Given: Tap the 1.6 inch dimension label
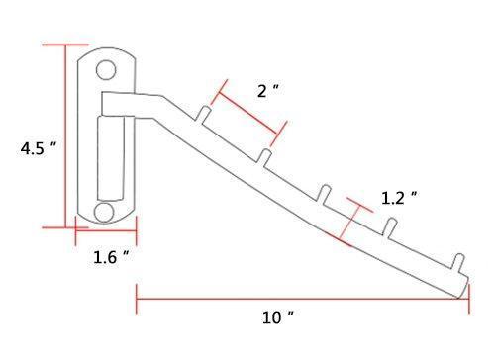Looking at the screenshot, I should point(111,258).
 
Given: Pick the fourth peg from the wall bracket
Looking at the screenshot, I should point(392,228).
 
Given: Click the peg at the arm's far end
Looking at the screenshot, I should point(457,264).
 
